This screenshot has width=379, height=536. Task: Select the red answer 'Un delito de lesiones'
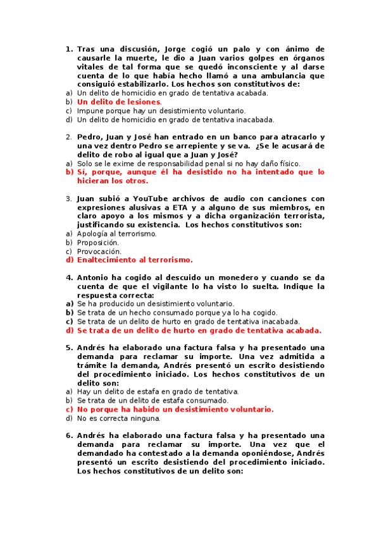[119, 101]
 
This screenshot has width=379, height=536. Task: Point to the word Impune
[89, 110]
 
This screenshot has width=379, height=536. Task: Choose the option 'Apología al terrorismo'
[116, 233]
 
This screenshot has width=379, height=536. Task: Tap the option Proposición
[97, 242]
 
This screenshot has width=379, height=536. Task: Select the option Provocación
[98, 251]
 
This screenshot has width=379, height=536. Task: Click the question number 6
[69, 435]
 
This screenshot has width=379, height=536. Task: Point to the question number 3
[69, 198]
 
